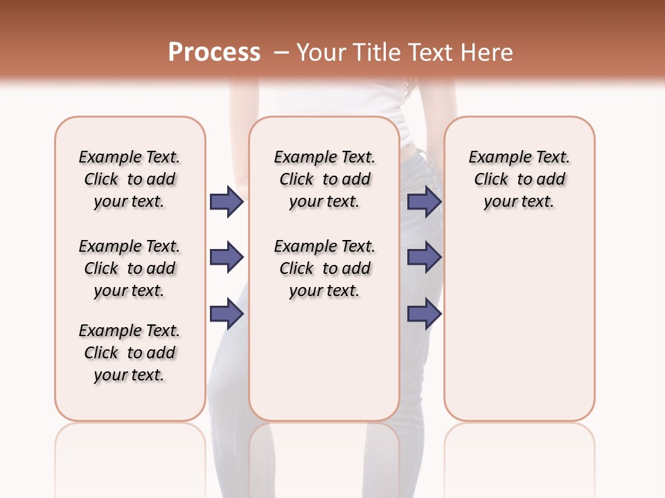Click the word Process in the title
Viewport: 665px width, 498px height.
[x=214, y=53]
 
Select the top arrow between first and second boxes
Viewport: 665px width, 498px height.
[x=227, y=201]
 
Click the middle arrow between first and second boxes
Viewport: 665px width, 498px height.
[x=227, y=257]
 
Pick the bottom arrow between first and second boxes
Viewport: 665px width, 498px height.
[x=227, y=314]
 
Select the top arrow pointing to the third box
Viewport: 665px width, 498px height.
[x=424, y=201]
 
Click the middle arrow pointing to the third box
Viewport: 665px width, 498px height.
[x=424, y=257]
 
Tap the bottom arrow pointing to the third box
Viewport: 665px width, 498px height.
[x=424, y=314]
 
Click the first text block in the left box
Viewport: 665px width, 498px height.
[x=130, y=179]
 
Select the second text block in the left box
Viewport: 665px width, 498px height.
[x=130, y=268]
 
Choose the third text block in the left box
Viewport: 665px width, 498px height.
[x=130, y=353]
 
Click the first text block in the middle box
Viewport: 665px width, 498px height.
[x=324, y=179]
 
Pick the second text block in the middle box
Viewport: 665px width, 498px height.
[x=324, y=268]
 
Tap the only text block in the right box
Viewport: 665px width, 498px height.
[x=519, y=179]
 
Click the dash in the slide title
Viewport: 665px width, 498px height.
[x=281, y=53]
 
